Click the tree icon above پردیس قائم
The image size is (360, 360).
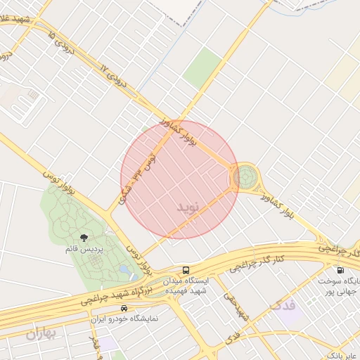[x=84, y=238]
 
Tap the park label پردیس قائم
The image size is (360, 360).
[x=84, y=249]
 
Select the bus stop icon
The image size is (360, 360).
[x=186, y=270]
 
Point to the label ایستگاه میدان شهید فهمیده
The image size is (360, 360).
[x=186, y=285]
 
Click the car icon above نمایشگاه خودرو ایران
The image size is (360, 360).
[x=124, y=308]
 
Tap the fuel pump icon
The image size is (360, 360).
[x=341, y=269]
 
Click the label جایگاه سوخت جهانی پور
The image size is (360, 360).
[x=340, y=285]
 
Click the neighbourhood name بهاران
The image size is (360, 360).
[x=41, y=334]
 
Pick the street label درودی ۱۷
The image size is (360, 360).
[x=115, y=78]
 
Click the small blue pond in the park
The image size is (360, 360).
[x=124, y=269]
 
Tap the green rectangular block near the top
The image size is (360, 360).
[x=202, y=67]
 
